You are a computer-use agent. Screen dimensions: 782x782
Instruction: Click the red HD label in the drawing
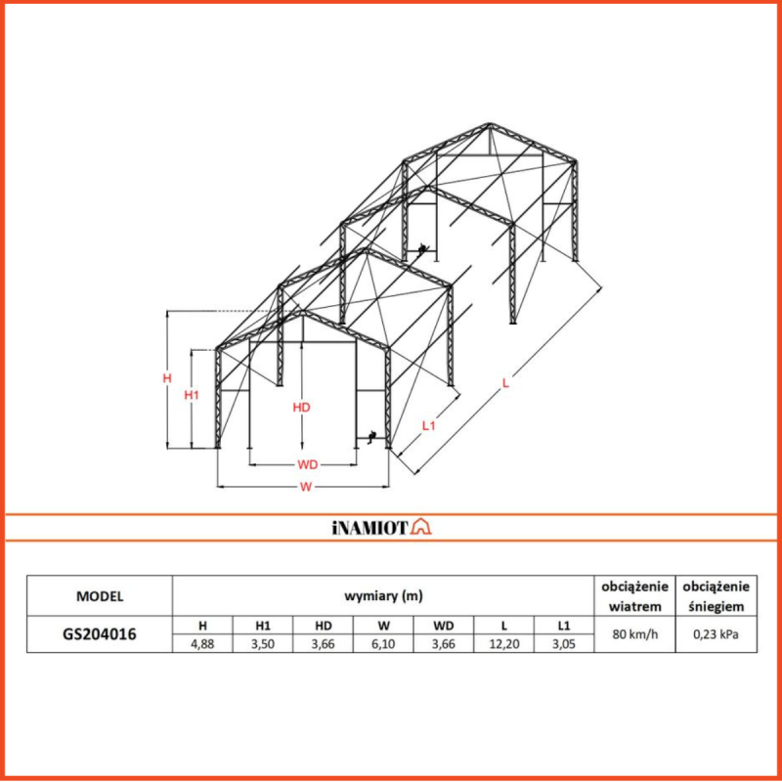(302, 408)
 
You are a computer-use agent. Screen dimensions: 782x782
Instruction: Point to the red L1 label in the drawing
(428, 425)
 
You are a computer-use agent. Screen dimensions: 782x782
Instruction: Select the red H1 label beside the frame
(192, 395)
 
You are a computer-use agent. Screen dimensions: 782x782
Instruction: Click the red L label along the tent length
(505, 383)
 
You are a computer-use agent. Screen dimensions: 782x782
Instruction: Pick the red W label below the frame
(306, 486)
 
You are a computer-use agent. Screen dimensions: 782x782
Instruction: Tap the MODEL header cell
(100, 595)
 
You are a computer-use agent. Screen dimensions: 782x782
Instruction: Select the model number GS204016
(100, 633)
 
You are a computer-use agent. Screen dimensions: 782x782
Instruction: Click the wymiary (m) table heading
(383, 595)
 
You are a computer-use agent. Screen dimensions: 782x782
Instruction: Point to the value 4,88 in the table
(202, 643)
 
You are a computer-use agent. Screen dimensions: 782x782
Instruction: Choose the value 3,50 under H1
(263, 643)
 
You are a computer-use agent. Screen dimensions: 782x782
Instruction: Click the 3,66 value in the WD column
(444, 643)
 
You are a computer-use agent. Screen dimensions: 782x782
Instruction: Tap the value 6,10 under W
(383, 643)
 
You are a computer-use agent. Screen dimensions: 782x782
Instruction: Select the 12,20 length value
(503, 643)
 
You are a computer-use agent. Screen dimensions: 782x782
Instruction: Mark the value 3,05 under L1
(563, 643)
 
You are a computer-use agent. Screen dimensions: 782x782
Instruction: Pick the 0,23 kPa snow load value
(717, 634)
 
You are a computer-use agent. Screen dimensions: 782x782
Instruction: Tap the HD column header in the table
(323, 625)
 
